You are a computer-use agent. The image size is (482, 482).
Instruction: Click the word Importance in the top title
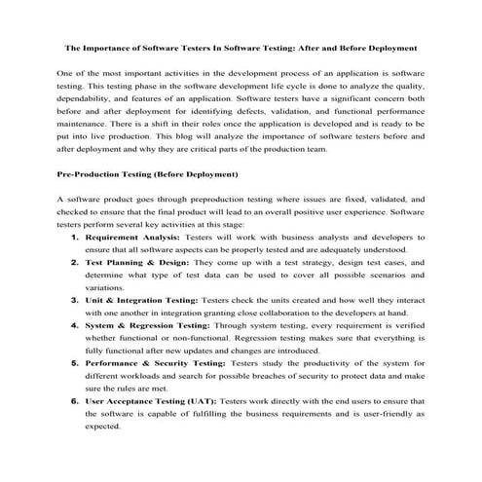(109, 46)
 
